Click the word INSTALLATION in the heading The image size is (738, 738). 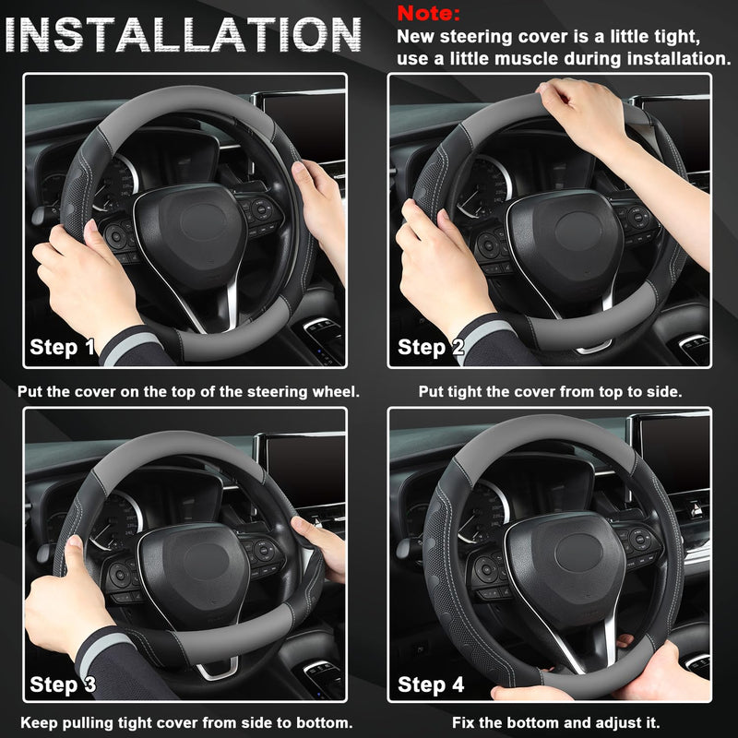(x=184, y=35)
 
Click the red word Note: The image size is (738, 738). (x=428, y=15)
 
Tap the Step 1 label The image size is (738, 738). (x=63, y=347)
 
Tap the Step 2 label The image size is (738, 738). (x=430, y=347)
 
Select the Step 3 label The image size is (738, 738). (x=63, y=684)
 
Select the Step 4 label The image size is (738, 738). (x=430, y=684)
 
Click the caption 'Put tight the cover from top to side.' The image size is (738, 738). (x=550, y=391)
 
